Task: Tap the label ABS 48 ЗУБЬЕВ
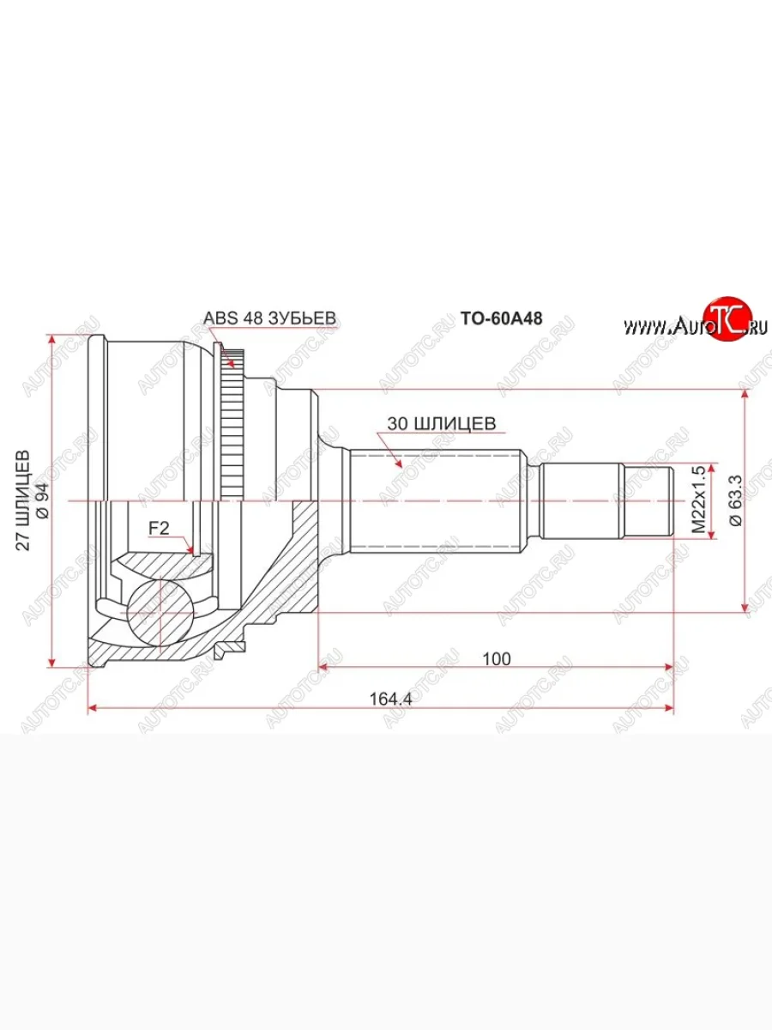[268, 318]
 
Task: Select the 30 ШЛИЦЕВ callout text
[441, 423]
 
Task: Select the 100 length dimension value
[496, 658]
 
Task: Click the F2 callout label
[159, 529]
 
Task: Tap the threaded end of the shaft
[647, 500]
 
